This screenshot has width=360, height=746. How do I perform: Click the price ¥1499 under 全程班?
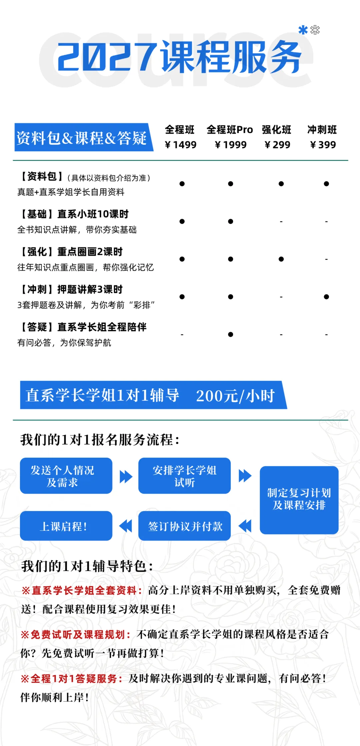click(181, 145)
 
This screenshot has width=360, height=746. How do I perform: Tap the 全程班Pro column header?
click(230, 129)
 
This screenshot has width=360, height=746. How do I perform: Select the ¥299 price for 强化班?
click(277, 145)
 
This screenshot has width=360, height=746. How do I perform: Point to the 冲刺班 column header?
click(322, 129)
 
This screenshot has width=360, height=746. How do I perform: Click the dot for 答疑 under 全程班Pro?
click(231, 334)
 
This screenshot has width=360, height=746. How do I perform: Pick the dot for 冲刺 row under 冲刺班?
click(326, 297)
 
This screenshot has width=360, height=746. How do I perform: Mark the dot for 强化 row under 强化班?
click(281, 259)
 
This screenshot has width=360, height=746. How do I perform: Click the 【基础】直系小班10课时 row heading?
click(75, 214)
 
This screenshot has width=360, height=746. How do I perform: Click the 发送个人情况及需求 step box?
click(66, 476)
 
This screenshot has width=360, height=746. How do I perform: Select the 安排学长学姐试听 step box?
click(184, 476)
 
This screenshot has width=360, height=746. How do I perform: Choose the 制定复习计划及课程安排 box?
click(299, 499)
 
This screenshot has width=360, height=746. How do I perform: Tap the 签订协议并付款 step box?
click(184, 526)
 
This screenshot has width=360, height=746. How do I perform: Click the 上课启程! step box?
click(66, 526)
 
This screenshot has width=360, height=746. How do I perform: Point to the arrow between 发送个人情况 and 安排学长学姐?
click(126, 476)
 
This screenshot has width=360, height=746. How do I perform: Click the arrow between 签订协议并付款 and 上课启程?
click(126, 526)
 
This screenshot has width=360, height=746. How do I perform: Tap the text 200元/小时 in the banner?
click(235, 396)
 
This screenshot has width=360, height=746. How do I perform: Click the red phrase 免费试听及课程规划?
click(77, 635)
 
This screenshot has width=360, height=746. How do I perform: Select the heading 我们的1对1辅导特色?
click(87, 566)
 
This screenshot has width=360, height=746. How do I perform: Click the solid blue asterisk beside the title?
click(303, 30)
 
